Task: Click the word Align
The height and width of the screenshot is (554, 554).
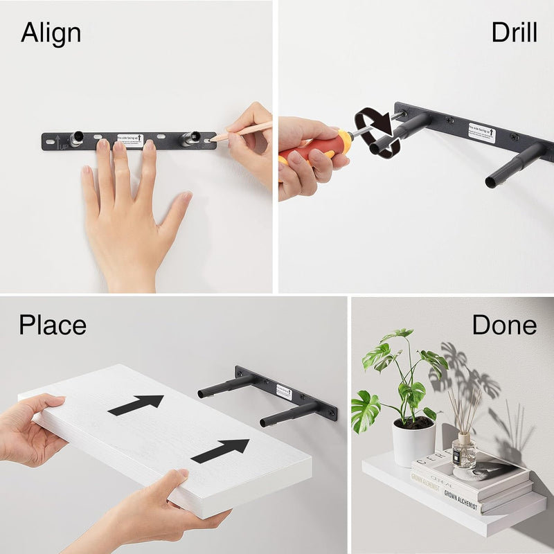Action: click(51, 33)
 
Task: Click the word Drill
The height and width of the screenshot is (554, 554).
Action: click(514, 33)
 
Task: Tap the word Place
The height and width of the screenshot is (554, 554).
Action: click(53, 325)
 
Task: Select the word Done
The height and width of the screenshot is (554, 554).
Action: click(504, 325)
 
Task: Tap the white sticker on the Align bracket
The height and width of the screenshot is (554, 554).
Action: click(129, 141)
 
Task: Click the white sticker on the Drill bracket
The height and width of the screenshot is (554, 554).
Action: click(481, 131)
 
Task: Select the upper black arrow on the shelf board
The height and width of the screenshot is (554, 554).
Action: click(136, 405)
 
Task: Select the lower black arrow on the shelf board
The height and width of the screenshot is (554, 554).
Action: click(220, 450)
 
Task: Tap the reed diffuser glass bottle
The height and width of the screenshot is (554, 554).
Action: click(463, 453)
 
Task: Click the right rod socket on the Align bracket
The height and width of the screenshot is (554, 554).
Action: click(188, 138)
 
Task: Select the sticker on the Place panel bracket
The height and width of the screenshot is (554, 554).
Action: click(284, 391)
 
